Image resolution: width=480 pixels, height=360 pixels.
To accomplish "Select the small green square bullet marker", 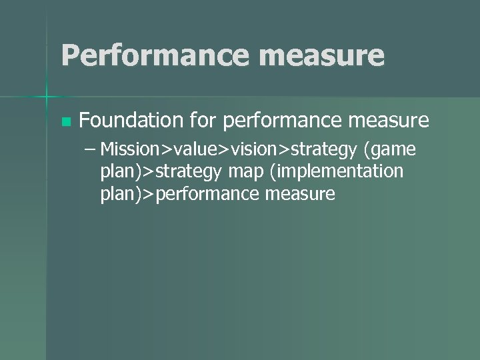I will [x=65, y=122].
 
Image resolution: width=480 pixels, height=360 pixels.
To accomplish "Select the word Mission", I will [x=128, y=149].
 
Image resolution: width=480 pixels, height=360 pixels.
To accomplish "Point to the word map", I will [x=245, y=172].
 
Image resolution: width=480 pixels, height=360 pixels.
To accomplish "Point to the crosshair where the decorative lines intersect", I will [x=47, y=97].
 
